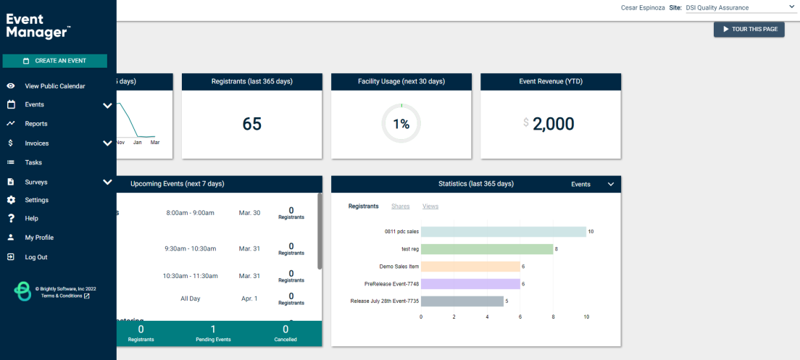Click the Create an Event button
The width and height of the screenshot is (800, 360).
point(54,61)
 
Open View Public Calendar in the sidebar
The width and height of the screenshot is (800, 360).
point(55,86)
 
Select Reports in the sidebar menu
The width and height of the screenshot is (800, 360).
point(36,124)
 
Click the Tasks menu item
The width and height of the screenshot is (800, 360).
point(33,163)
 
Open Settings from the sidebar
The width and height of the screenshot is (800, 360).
point(37,200)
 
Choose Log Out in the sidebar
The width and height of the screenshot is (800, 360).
point(36,257)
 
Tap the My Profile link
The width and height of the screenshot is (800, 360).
point(39,238)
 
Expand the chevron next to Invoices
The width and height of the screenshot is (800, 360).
point(108,143)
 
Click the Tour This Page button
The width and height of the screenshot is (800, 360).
point(749,29)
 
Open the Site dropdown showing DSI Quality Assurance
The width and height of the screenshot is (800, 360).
point(738,8)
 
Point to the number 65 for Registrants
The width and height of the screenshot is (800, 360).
point(252,124)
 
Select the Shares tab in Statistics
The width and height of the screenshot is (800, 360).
point(401,206)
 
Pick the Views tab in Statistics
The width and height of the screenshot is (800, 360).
point(430,206)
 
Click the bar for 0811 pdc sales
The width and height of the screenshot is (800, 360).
point(504,232)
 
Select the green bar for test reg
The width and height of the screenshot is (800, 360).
point(487,249)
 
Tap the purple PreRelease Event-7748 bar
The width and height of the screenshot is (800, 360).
point(470,283)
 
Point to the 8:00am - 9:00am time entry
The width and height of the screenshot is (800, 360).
point(191,213)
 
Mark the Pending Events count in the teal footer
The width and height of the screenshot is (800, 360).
point(213,329)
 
